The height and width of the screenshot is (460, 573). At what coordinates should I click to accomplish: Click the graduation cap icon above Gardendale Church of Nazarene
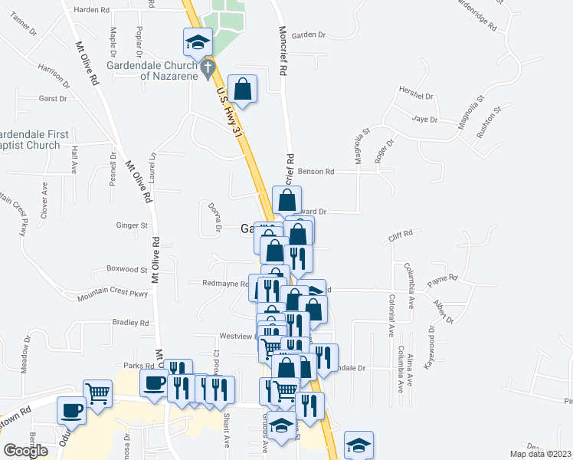pos(198,41)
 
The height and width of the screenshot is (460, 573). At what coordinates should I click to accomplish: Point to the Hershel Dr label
pos(416,97)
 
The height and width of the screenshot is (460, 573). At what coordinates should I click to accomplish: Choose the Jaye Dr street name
pos(424,120)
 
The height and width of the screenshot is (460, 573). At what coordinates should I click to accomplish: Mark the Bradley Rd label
pos(129,324)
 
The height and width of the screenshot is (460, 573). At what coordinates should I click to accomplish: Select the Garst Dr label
pos(53,99)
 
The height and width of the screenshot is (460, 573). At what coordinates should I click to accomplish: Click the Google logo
pos(25,451)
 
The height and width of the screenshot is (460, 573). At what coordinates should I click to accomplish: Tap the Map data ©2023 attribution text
pos(541,454)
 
